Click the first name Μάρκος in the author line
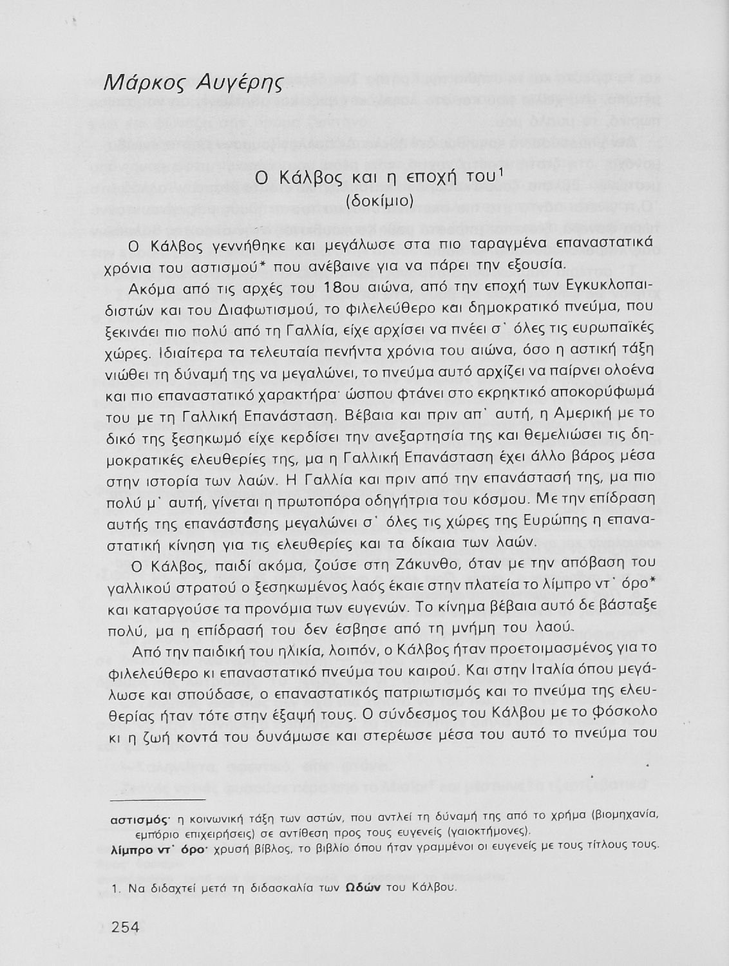[138, 82]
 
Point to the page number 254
[126, 927]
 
